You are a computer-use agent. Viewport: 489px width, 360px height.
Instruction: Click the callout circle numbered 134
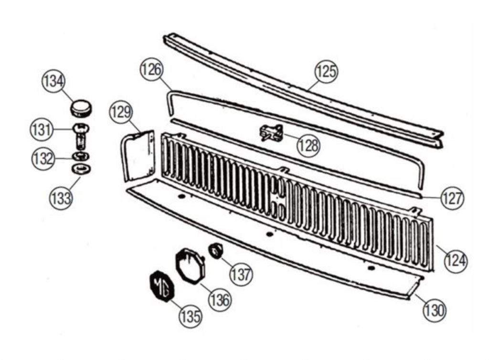(53, 81)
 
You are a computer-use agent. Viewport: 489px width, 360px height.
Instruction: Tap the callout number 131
(42, 130)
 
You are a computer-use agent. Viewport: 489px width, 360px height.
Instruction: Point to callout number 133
(61, 198)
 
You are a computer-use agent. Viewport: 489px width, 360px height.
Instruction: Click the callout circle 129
(121, 112)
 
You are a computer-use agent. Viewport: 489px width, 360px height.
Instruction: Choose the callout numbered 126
(152, 69)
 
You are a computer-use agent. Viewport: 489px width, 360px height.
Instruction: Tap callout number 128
(309, 145)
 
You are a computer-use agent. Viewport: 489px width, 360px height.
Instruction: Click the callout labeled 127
(452, 198)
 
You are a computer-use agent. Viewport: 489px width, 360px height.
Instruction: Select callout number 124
(456, 260)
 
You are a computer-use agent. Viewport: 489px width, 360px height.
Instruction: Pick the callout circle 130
(435, 310)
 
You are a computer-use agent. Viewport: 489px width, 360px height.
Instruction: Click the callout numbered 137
(241, 274)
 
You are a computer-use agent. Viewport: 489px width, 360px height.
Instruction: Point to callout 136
(220, 300)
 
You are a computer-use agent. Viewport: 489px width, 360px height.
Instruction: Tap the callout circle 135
(191, 317)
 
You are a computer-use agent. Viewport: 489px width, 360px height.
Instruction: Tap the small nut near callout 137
(215, 251)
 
